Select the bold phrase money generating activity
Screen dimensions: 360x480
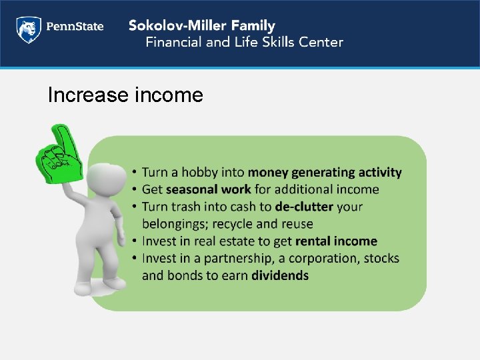coord(325,173)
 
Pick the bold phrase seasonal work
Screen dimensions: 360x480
coord(208,190)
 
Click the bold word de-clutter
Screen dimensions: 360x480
coord(304,207)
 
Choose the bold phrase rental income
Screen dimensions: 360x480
coord(336,241)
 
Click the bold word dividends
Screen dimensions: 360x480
coord(280,275)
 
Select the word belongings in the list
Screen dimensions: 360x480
coord(175,224)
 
